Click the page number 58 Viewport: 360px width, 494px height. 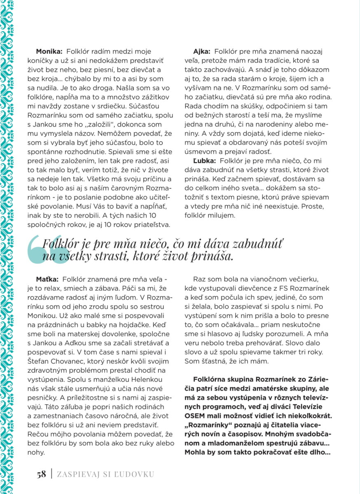(x=41, y=474)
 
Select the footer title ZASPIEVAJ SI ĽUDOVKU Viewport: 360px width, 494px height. (x=105, y=474)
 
